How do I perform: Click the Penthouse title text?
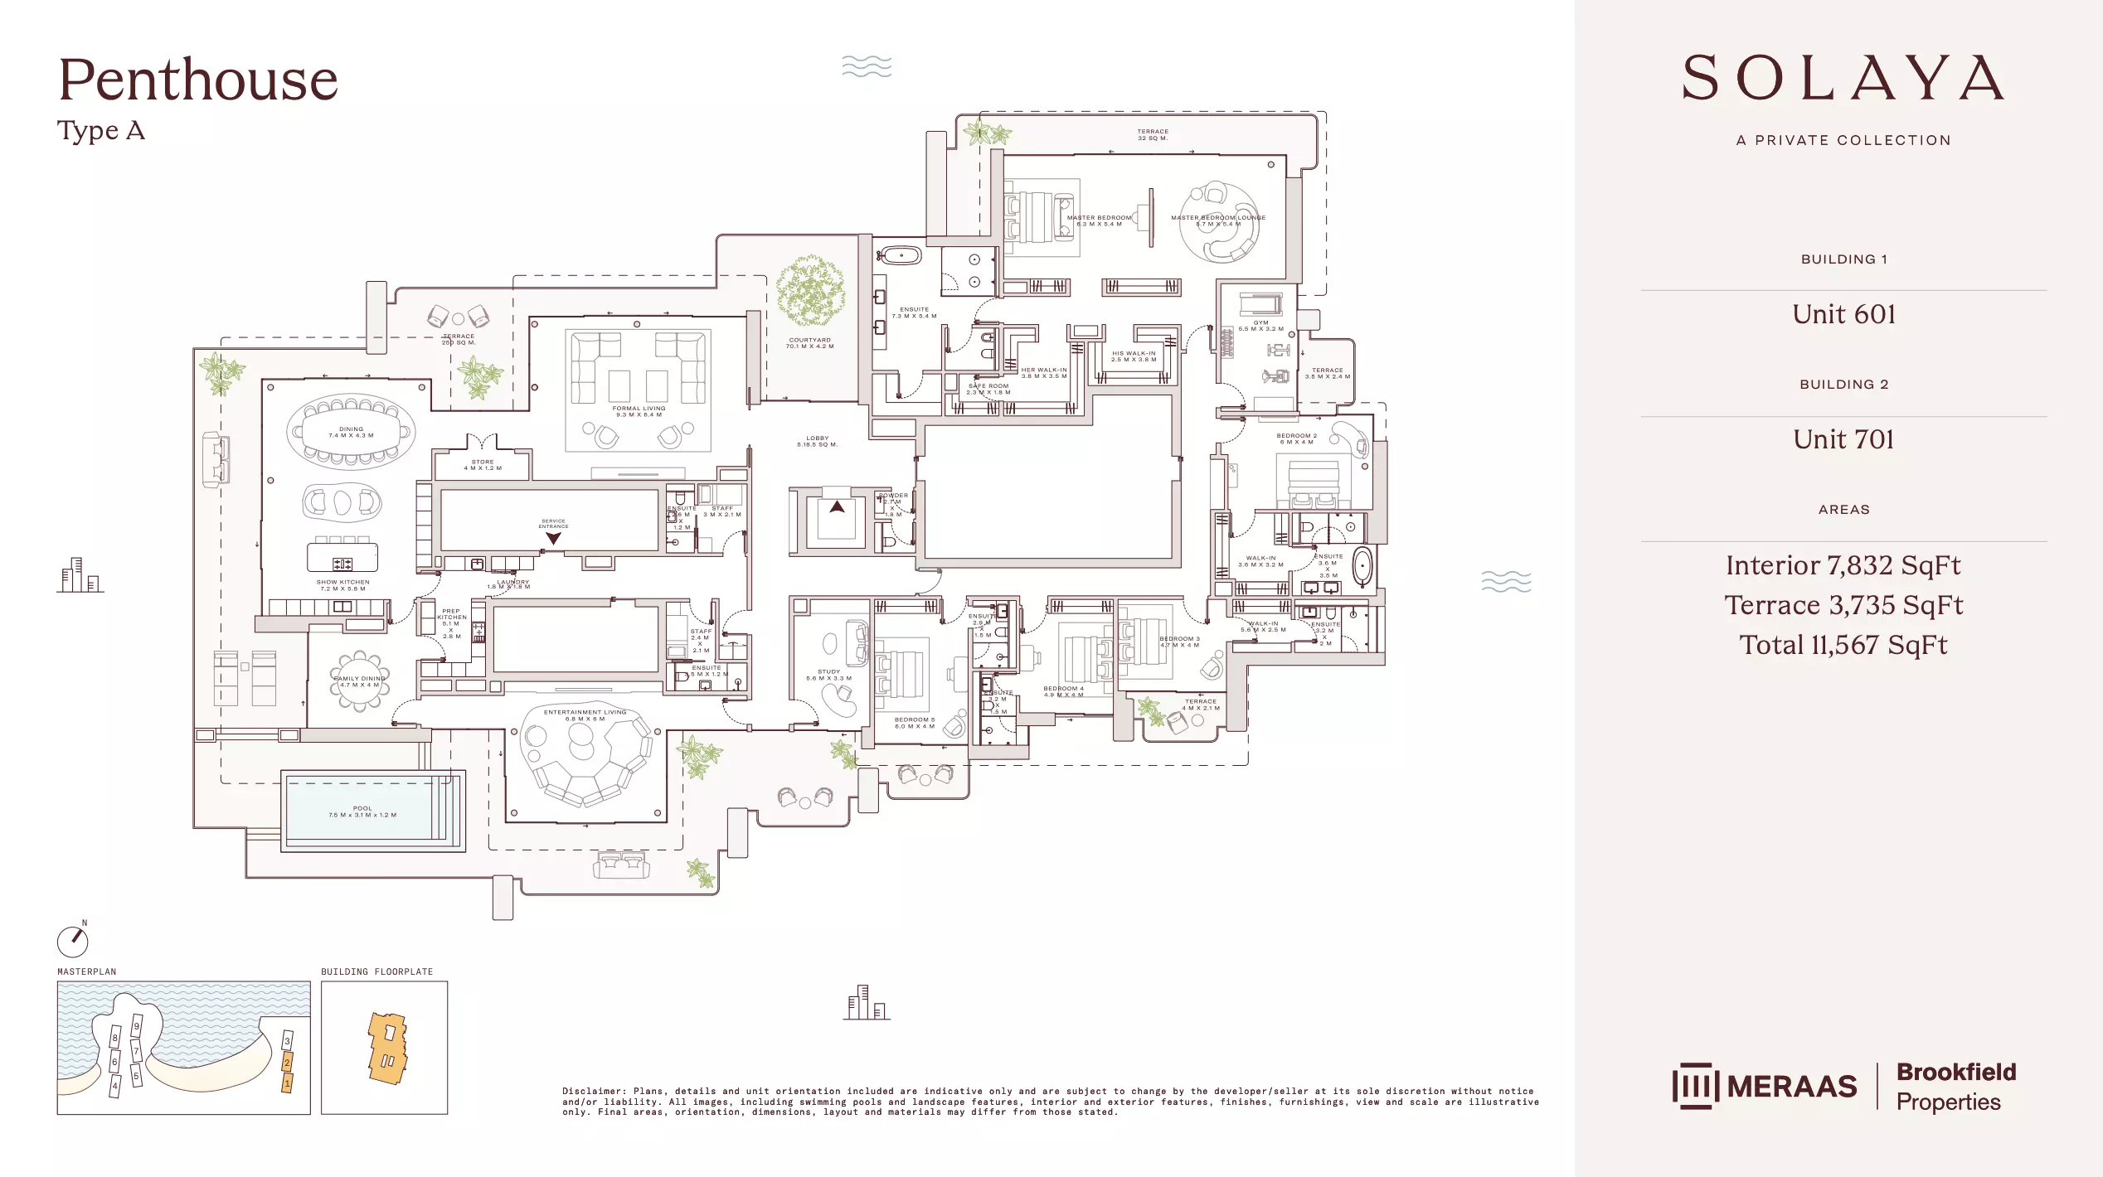point(198,80)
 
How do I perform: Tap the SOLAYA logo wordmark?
point(1843,78)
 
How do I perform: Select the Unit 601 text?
point(1843,314)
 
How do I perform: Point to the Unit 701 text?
point(1843,439)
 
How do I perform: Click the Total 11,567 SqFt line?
point(1843,645)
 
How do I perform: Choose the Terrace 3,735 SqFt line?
point(1843,605)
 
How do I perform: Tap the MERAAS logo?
point(1765,1086)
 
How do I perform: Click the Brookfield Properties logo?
point(1955,1087)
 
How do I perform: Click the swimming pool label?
point(362,811)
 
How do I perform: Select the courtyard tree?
point(810,291)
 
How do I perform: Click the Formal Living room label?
point(639,411)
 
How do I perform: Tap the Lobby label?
point(817,441)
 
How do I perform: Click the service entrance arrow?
point(553,538)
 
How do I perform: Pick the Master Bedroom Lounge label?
point(1217,220)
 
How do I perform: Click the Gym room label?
point(1260,326)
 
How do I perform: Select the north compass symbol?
point(73,941)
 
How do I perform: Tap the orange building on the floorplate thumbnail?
point(387,1049)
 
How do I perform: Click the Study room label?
point(828,675)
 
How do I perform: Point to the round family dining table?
point(360,681)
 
